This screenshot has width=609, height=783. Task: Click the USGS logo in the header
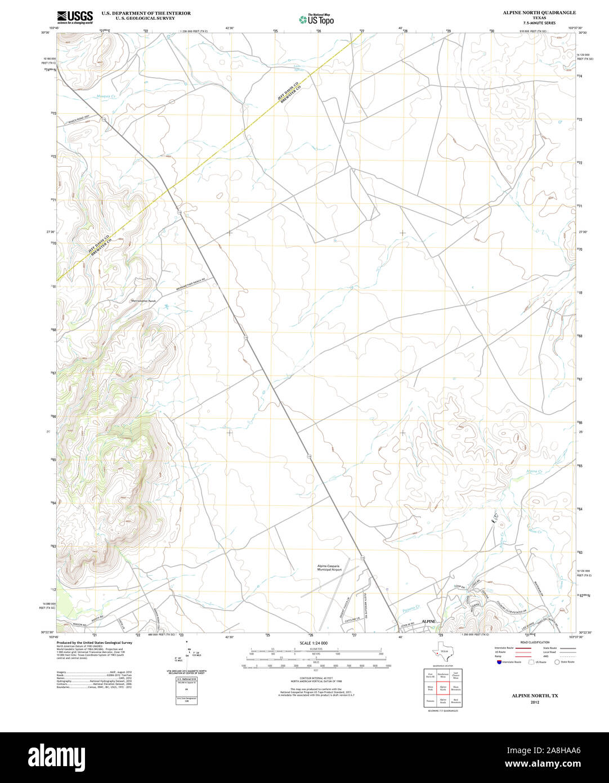pyautogui.click(x=75, y=17)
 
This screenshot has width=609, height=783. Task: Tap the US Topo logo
pyautogui.click(x=316, y=19)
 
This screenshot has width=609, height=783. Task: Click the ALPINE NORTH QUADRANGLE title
pyautogui.click(x=531, y=12)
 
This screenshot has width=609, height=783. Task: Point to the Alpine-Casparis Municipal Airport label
pyautogui.click(x=329, y=568)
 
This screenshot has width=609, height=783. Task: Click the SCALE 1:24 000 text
pyautogui.click(x=314, y=643)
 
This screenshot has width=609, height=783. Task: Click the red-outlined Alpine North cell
pyautogui.click(x=442, y=688)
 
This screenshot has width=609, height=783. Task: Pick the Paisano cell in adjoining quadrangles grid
pyautogui.click(x=430, y=701)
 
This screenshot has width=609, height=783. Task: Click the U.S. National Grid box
pyautogui.click(x=186, y=679)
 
